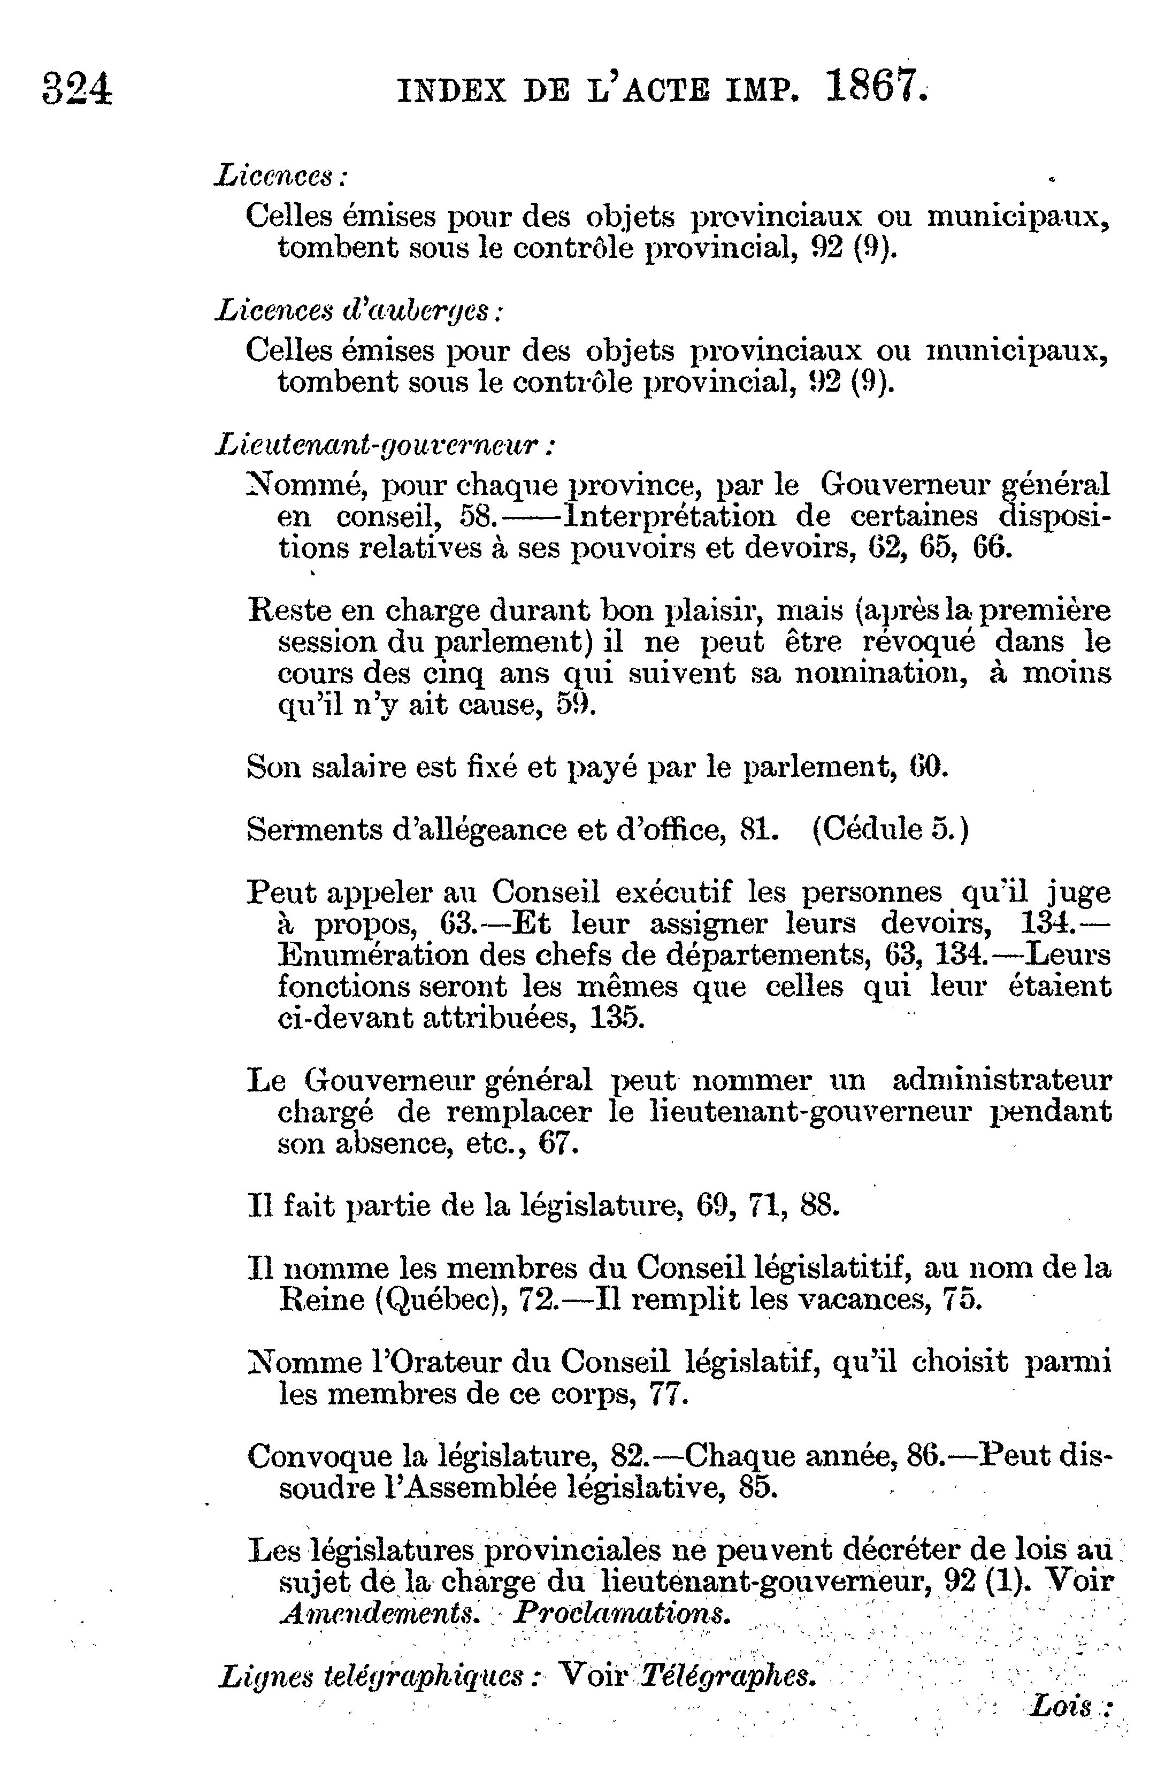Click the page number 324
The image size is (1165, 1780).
(78, 89)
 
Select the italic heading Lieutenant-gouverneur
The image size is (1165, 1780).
(384, 447)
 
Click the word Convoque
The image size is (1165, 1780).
(319, 1456)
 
